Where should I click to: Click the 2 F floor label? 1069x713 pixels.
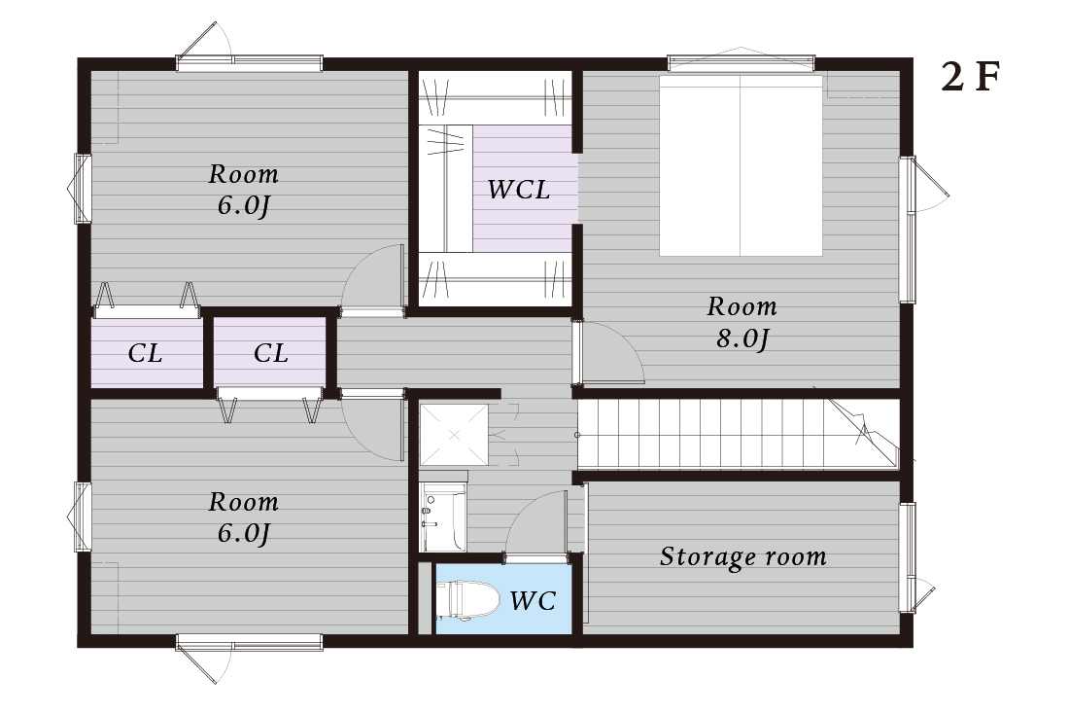click(x=970, y=77)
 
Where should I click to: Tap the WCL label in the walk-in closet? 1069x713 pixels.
click(x=519, y=190)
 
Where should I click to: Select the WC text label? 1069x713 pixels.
click(x=534, y=600)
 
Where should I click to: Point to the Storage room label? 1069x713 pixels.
click(x=743, y=556)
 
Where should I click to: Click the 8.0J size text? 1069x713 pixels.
click(x=741, y=339)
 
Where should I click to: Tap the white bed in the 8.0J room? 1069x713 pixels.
click(x=741, y=165)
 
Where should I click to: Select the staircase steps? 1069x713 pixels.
click(x=738, y=434)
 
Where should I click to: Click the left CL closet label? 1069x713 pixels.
click(x=145, y=353)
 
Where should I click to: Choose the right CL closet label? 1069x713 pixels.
click(x=271, y=353)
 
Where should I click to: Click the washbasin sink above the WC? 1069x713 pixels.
click(x=442, y=516)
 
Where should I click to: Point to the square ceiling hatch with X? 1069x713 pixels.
click(x=454, y=434)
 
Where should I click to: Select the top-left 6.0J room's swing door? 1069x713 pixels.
click(x=373, y=280)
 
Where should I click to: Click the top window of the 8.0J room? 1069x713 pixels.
click(x=741, y=63)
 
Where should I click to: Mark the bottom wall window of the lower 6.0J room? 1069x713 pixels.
click(x=249, y=642)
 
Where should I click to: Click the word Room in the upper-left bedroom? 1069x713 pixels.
click(x=243, y=175)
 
